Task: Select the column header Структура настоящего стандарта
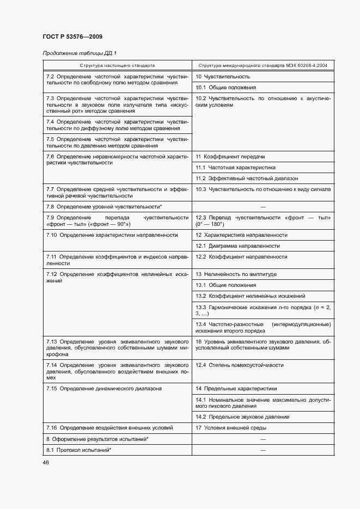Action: pyautogui.click(x=117, y=65)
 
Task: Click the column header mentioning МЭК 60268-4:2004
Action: pyautogui.click(x=263, y=65)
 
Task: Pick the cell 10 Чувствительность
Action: pyautogui.click(x=223, y=76)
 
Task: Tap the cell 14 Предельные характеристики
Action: pyautogui.click(x=236, y=389)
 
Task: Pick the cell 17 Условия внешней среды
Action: pyautogui.click(x=231, y=428)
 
